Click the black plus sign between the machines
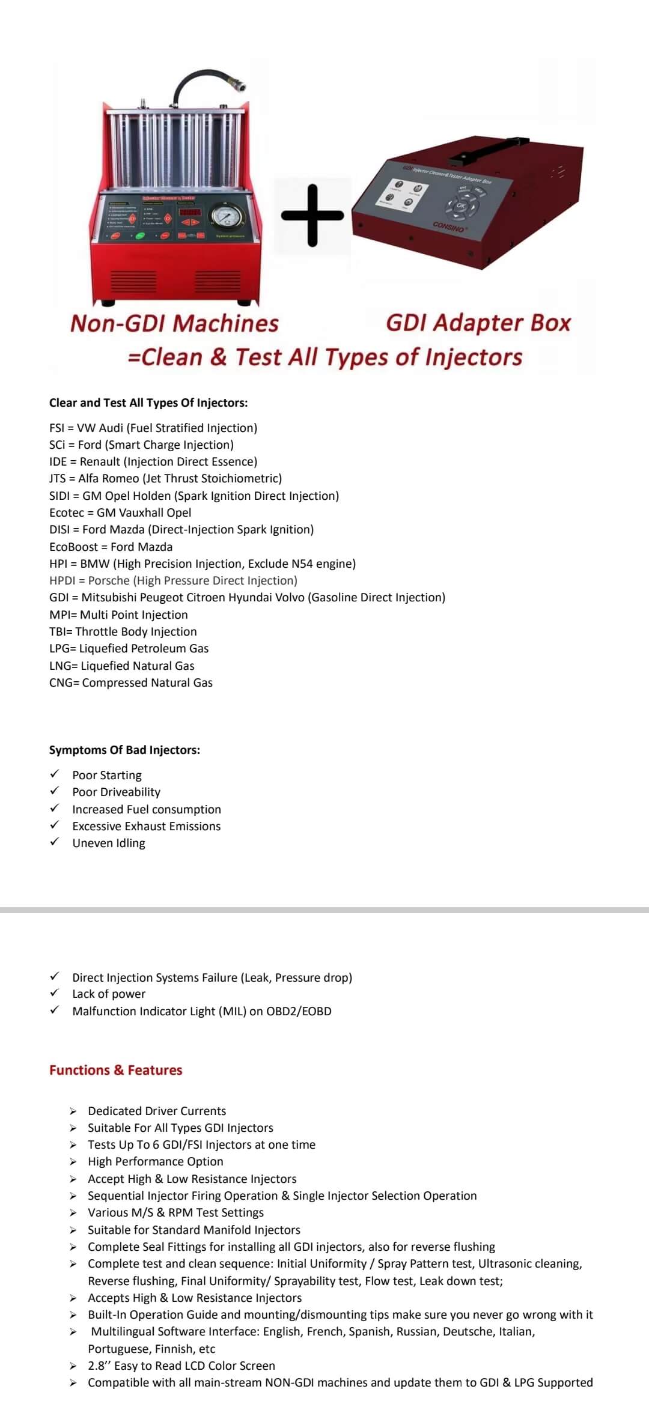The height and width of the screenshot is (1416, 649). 312,215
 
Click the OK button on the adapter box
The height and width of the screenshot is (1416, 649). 461,205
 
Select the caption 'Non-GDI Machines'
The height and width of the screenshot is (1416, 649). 174,323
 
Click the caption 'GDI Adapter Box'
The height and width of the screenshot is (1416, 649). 478,323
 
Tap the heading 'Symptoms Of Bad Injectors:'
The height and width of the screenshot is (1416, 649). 124,750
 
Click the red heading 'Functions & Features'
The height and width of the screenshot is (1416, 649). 115,1070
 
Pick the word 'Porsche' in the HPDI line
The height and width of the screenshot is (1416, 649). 109,580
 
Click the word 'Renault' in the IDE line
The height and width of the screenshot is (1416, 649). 100,461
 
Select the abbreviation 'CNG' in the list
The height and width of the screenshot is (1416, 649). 61,682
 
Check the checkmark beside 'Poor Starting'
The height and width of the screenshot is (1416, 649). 55,774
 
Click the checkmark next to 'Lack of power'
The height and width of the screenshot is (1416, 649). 55,993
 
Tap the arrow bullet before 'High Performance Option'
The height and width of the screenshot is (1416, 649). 73,1162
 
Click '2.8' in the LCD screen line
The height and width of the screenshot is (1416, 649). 97,1366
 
